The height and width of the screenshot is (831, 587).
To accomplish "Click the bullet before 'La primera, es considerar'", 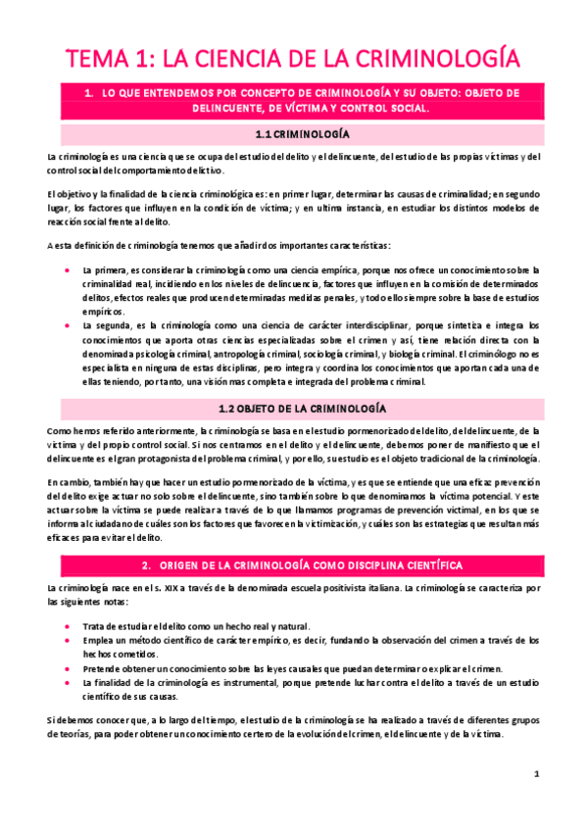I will pyautogui.click(x=65, y=268).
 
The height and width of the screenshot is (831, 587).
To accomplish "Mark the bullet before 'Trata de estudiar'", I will pyautogui.click(x=65, y=626).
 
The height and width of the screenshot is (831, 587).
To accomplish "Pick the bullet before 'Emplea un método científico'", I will pyautogui.click(x=65, y=640).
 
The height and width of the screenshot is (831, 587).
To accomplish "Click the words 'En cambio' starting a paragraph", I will pyautogui.click(x=65, y=481).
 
